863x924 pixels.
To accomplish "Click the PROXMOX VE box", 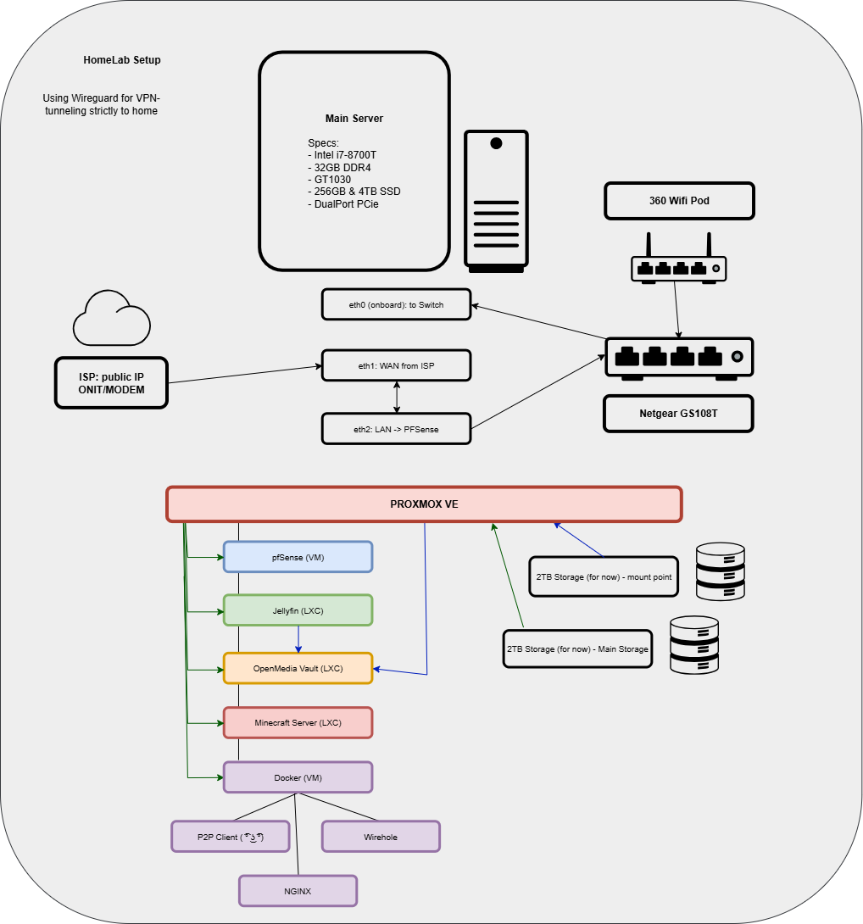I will pyautogui.click(x=424, y=504).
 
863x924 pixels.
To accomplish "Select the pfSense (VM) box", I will pyautogui.click(x=298, y=557).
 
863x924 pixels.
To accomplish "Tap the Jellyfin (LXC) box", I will pyautogui.click(x=298, y=610).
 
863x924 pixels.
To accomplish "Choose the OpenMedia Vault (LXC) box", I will pyautogui.click(x=298, y=668).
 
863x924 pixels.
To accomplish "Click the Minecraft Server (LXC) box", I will pyautogui.click(x=298, y=723).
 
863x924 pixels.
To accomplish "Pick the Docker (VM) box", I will pyautogui.click(x=298, y=777).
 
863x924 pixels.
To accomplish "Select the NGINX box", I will pyautogui.click(x=298, y=891).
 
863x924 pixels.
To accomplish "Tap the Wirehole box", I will pyautogui.click(x=381, y=837).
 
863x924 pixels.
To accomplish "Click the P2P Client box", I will pyautogui.click(x=231, y=837).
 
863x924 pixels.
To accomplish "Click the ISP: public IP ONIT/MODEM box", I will pyautogui.click(x=111, y=383).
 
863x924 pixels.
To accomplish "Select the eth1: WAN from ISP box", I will pyautogui.click(x=396, y=366).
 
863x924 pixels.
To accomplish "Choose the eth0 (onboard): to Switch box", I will pyautogui.click(x=396, y=304).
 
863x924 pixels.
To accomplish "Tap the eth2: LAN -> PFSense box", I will pyautogui.click(x=396, y=429).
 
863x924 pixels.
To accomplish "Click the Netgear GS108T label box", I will pyautogui.click(x=678, y=415).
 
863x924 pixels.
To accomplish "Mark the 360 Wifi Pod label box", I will pyautogui.click(x=678, y=201).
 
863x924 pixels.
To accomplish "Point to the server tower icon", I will pyautogui.click(x=496, y=202).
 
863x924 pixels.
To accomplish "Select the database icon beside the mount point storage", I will pyautogui.click(x=720, y=571).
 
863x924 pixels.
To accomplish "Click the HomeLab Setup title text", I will pyautogui.click(x=122, y=60).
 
